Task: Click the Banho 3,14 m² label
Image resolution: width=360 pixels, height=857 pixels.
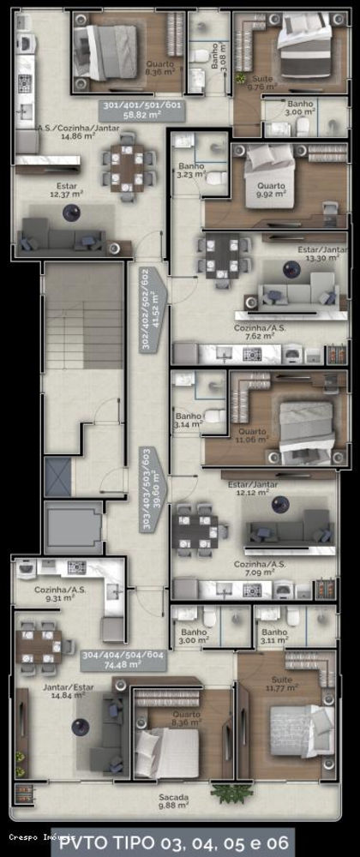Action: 188,420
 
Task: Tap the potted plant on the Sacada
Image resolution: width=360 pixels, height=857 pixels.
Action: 225,793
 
